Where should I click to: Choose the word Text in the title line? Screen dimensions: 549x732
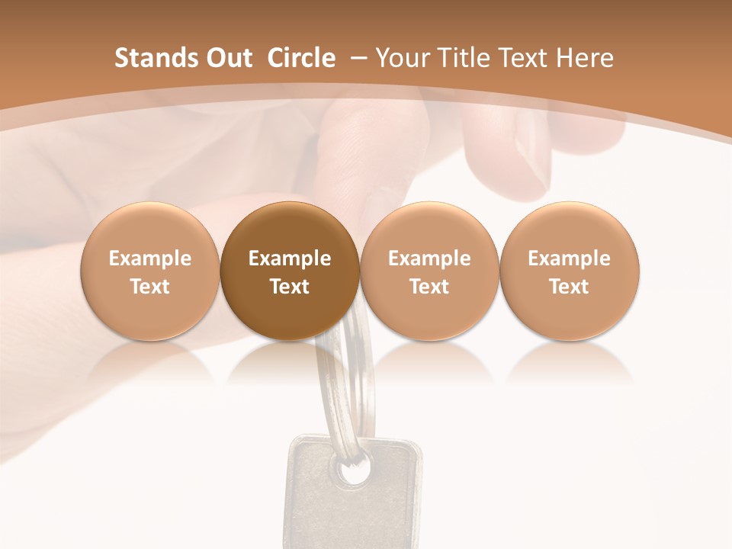tap(528, 58)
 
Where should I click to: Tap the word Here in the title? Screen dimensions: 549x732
tap(587, 58)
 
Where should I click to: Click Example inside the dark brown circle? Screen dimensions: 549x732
tap(290, 258)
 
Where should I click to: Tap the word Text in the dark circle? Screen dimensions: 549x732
tap(290, 287)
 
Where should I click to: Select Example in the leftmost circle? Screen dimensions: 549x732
tap(150, 258)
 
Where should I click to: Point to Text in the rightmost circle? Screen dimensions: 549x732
tap(570, 287)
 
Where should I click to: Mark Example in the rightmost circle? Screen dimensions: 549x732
tap(570, 258)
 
